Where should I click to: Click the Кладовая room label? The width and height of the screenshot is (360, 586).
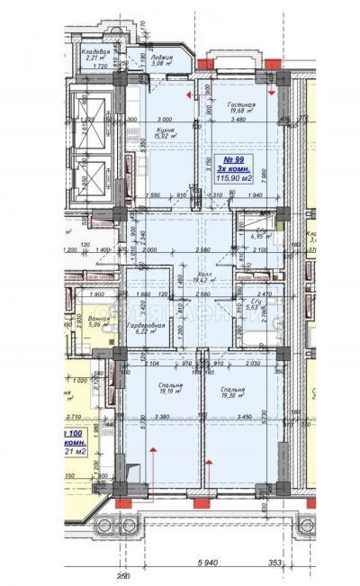[x=97, y=52]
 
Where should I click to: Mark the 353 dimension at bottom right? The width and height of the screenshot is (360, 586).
[x=277, y=563]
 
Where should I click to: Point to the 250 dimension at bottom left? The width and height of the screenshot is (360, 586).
[x=122, y=575]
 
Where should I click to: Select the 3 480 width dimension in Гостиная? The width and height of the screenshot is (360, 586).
[x=238, y=120]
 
